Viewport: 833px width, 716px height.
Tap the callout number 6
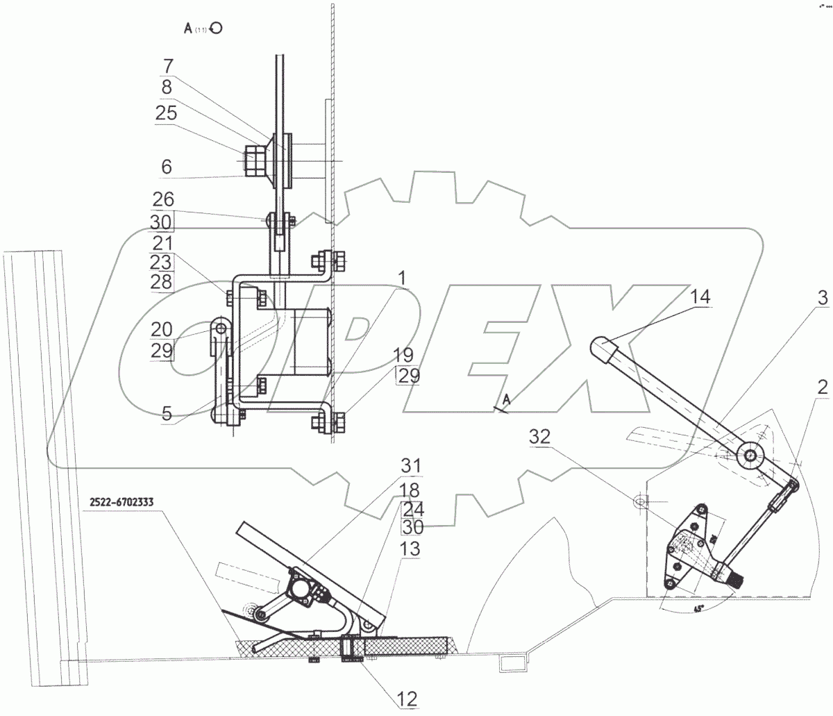coord(167,167)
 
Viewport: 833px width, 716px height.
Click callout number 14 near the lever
coord(700,298)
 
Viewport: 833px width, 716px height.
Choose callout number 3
coord(822,299)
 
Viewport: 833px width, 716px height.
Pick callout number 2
coord(822,389)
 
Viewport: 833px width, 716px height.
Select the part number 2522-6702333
coord(122,501)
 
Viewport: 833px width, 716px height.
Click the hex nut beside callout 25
coord(252,160)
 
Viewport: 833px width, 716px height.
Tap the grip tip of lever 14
coord(600,344)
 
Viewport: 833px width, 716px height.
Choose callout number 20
coord(162,330)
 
